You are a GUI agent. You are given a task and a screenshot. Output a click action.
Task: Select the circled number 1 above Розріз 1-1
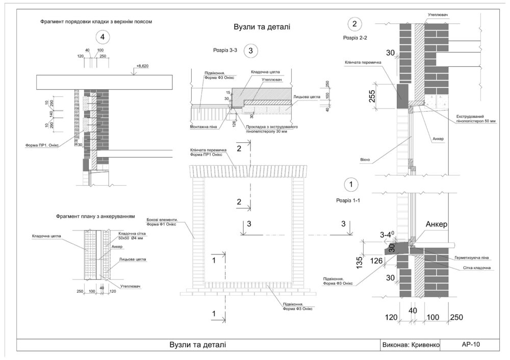coord(351,184)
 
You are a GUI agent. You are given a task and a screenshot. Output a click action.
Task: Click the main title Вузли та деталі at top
coord(262,27)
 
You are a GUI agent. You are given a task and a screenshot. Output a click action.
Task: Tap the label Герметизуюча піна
coord(472,259)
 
